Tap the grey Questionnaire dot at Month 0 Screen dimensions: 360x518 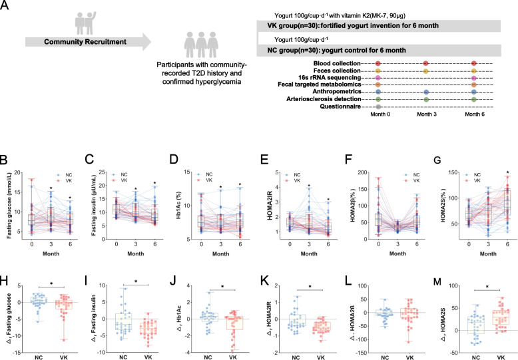(378, 106)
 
